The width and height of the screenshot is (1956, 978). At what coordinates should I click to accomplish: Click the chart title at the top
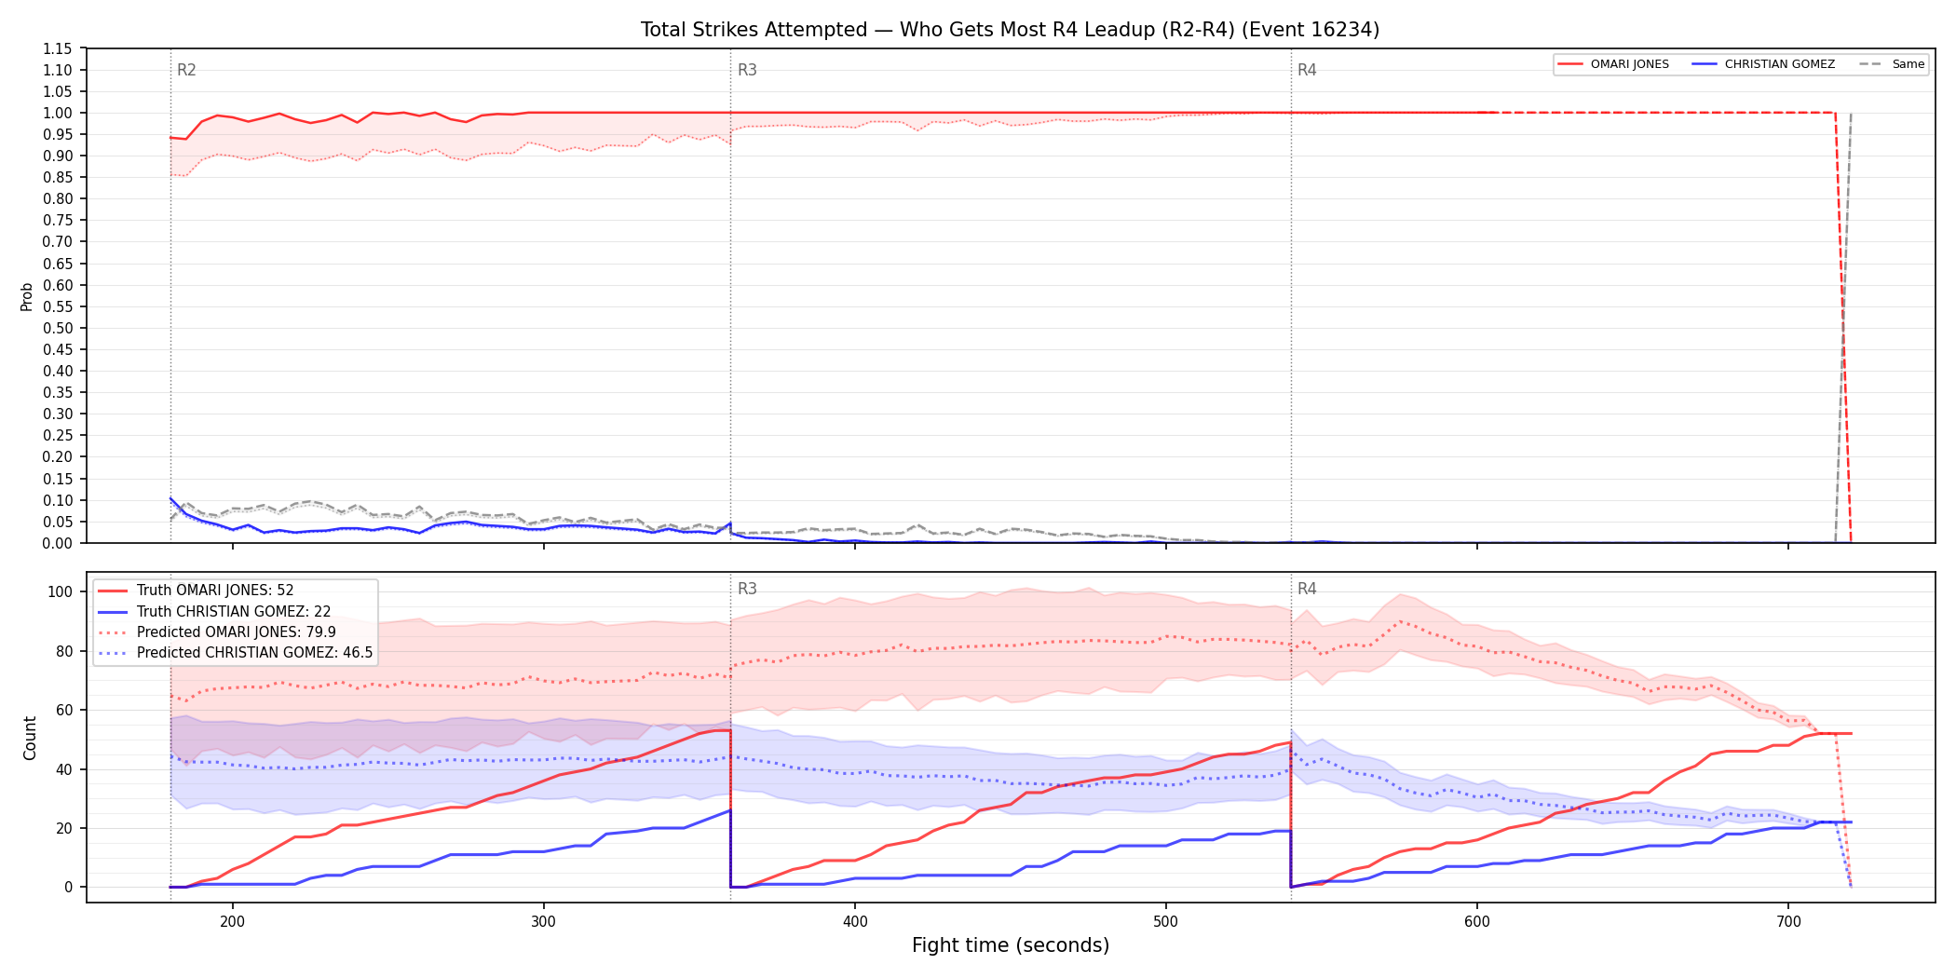pos(1010,30)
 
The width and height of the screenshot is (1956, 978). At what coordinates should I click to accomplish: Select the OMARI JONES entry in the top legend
pos(1613,64)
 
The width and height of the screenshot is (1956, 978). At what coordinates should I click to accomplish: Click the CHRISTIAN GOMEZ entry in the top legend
pos(1763,64)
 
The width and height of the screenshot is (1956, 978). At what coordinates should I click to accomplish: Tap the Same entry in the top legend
pos(1892,64)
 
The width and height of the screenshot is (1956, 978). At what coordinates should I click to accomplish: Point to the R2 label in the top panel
pos(186,70)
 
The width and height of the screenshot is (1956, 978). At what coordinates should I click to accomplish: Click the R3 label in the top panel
pos(747,70)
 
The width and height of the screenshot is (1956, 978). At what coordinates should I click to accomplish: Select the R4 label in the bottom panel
pos(1307,589)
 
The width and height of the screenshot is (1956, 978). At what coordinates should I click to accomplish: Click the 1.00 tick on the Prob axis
pos(58,113)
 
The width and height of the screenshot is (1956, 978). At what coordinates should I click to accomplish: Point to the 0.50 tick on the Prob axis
pos(58,328)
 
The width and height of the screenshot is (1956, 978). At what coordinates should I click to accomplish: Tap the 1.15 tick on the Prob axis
pos(58,48)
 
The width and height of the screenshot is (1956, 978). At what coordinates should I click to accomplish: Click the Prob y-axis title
pos(27,296)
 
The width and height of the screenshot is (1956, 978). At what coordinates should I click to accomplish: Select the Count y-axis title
pos(30,738)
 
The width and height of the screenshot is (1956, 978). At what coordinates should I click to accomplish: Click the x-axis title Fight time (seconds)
pos(1011,945)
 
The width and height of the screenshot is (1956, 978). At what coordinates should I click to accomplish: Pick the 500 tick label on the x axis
pos(1166,922)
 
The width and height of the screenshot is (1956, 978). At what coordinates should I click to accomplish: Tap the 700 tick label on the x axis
pos(1788,922)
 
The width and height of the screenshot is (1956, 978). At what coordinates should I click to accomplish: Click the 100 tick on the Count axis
pos(61,591)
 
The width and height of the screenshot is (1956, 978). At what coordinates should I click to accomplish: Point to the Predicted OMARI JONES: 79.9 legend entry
pos(216,632)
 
